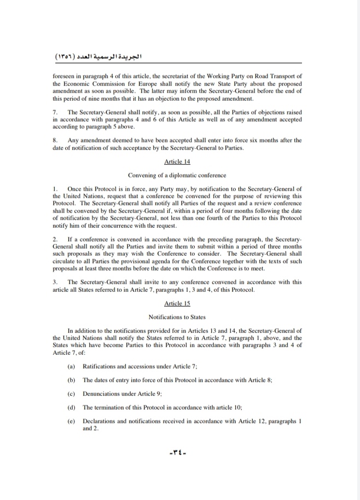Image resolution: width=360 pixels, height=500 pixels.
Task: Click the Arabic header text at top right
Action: coord(98,56)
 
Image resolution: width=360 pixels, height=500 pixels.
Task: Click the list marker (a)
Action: coord(71,365)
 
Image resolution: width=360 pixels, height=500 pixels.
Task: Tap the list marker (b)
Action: coord(71,380)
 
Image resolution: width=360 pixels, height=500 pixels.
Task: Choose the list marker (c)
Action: coord(71,394)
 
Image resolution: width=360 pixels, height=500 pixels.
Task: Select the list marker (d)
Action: coord(71,407)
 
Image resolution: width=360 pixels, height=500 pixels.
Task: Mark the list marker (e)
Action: coord(71,421)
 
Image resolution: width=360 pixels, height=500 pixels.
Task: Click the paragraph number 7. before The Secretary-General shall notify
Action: coord(55,112)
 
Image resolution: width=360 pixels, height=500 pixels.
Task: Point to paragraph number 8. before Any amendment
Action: coord(55,140)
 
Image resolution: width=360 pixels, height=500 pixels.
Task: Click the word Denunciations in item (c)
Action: coord(102,394)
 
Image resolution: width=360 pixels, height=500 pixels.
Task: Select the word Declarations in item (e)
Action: coord(100,421)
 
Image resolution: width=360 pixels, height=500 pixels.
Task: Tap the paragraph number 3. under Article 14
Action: coord(55,282)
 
